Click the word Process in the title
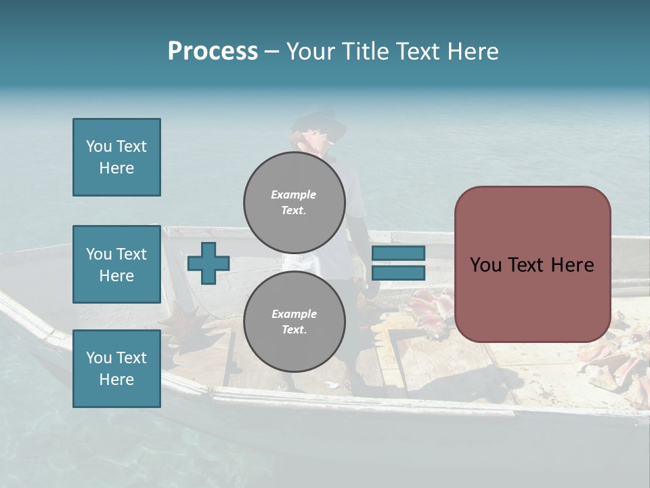213,52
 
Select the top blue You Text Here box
116,157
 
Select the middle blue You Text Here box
116,264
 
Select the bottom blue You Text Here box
116,369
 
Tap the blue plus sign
208,263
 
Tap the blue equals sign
398,263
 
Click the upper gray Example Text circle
295,202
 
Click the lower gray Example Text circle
295,321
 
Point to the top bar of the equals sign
398,253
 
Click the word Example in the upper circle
293,195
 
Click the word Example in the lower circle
293,314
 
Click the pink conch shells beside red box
431,309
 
